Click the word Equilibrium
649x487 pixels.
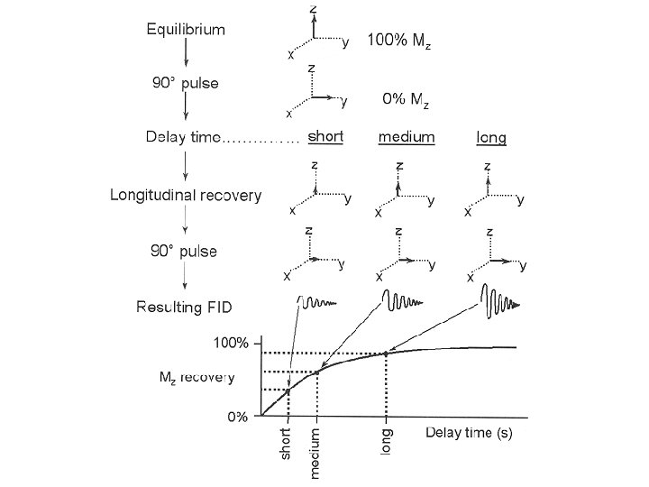click(186, 29)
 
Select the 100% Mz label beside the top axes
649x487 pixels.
click(398, 41)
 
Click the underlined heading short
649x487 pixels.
click(325, 137)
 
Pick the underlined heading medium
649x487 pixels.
click(406, 137)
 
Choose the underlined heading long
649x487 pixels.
click(490, 138)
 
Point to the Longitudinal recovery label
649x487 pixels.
click(186, 195)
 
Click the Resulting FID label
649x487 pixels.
click(184, 308)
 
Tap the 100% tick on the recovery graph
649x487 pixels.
click(231, 343)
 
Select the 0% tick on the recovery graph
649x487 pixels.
click(236, 418)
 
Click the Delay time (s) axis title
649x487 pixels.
click(469, 433)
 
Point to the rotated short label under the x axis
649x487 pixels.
click(286, 444)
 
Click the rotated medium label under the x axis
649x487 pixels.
click(315, 452)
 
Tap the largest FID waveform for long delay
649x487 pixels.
click(499, 303)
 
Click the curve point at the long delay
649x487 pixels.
click(386, 353)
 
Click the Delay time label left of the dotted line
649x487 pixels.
click(183, 138)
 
